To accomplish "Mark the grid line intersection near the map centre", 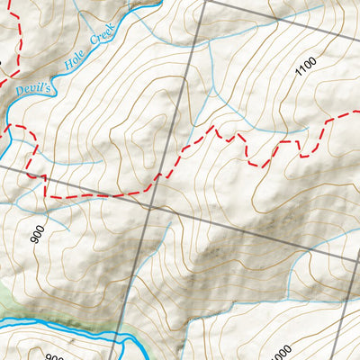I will click(147, 206).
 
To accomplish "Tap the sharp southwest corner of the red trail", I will click(46, 195).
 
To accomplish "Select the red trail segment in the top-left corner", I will click(13, 27).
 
